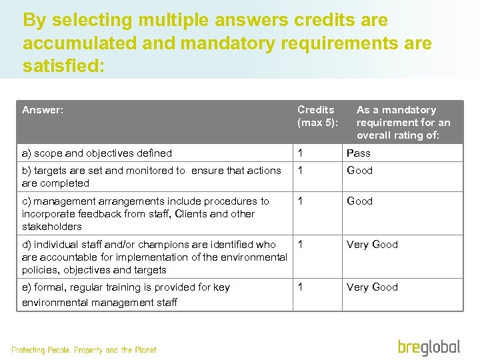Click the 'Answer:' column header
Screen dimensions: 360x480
pyautogui.click(x=43, y=110)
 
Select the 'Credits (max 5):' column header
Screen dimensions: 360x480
pyautogui.click(x=317, y=116)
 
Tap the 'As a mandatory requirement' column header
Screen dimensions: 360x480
pyautogui.click(x=403, y=122)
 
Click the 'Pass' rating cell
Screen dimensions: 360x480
pyautogui.click(x=358, y=153)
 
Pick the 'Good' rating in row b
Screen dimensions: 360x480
pyautogui.click(x=359, y=171)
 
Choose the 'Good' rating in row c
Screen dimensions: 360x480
pyautogui.click(x=359, y=201)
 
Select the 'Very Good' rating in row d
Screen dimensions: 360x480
pyautogui.click(x=371, y=245)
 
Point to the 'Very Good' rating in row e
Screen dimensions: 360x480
pyautogui.click(x=371, y=287)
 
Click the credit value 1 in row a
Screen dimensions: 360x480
pyautogui.click(x=301, y=153)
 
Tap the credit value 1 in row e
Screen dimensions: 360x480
pyautogui.click(x=301, y=287)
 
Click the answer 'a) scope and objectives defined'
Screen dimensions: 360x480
pyautogui.click(x=97, y=153)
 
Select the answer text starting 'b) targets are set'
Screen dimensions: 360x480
pyautogui.click(x=151, y=177)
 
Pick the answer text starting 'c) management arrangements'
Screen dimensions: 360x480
pyautogui.click(x=145, y=213)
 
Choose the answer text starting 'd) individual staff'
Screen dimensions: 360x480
pyautogui.click(x=154, y=257)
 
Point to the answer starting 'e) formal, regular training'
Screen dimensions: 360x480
pyautogui.click(x=125, y=294)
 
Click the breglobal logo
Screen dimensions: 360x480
pyautogui.click(x=429, y=347)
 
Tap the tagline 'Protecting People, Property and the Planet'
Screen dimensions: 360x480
pyautogui.click(x=84, y=350)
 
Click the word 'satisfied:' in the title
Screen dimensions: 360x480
pyautogui.click(x=63, y=67)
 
